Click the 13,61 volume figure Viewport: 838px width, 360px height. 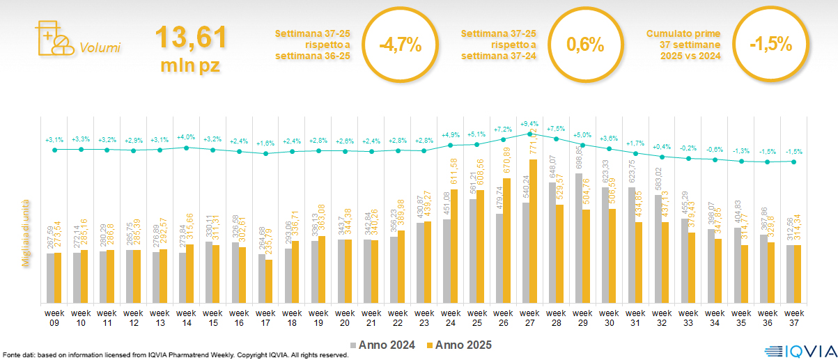pyautogui.click(x=190, y=37)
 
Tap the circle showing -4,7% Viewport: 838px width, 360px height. pyautogui.click(x=401, y=46)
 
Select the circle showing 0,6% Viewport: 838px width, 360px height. pyautogui.click(x=584, y=46)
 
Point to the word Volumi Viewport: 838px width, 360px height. pyautogui.click(x=100, y=48)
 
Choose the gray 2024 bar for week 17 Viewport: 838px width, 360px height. pyautogui.click(x=262, y=278)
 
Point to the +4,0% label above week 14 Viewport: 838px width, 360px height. pyautogui.click(x=186, y=137)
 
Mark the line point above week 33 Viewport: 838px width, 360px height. pyautogui.click(x=690, y=159)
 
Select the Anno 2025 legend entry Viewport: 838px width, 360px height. pyautogui.click(x=460, y=345)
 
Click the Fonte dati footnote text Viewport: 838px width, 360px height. pyautogui.click(x=174, y=355)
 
